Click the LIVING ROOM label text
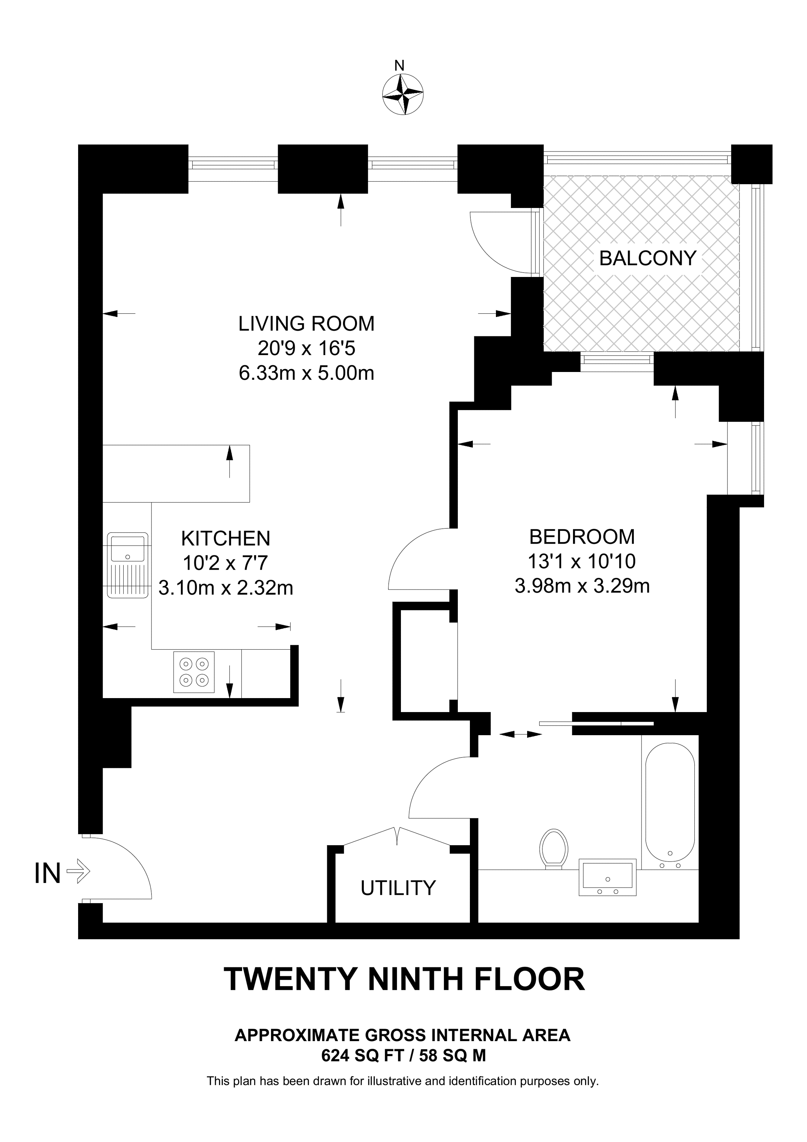(306, 324)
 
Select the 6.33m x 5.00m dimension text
(306, 373)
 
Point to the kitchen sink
(128, 565)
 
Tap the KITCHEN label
(225, 539)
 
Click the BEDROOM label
(582, 537)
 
